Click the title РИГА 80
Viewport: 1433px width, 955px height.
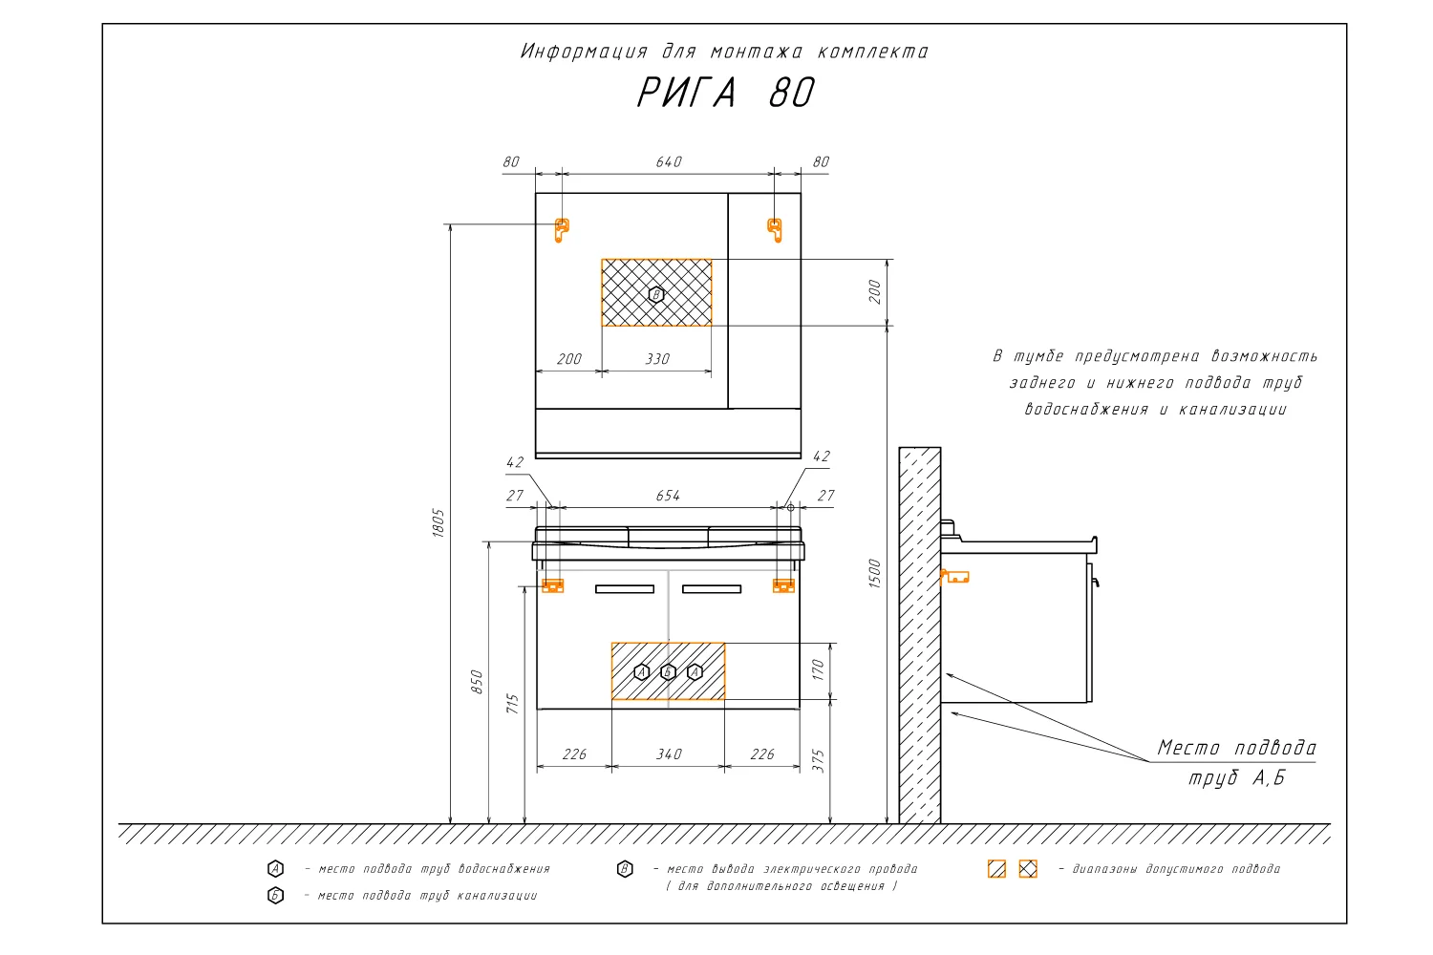coord(725,94)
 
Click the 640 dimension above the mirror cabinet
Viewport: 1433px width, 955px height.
coord(669,161)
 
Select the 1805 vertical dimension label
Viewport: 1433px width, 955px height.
coord(438,522)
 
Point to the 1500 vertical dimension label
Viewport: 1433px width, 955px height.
coord(875,573)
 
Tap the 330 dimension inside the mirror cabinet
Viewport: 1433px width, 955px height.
coord(657,359)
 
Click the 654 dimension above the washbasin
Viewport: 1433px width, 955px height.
coord(668,496)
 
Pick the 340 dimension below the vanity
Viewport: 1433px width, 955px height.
coord(669,754)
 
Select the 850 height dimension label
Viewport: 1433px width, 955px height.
coord(478,682)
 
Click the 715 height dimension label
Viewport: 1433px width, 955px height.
coord(513,704)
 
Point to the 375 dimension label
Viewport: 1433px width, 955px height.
coord(818,760)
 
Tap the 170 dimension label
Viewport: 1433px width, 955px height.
coord(818,670)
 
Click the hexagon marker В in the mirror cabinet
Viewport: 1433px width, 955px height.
coord(656,294)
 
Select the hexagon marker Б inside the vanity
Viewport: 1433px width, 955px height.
coord(669,672)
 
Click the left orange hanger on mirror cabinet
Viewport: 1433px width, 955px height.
coord(562,228)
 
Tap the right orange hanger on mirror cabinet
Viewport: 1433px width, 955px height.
coord(775,228)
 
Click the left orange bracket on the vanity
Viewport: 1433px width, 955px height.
coord(553,585)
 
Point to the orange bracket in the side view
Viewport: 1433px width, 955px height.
coord(954,577)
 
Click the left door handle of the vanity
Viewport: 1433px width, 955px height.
coord(625,589)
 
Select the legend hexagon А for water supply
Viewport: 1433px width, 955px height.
coord(275,869)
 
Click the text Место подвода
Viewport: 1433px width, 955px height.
coord(1236,748)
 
